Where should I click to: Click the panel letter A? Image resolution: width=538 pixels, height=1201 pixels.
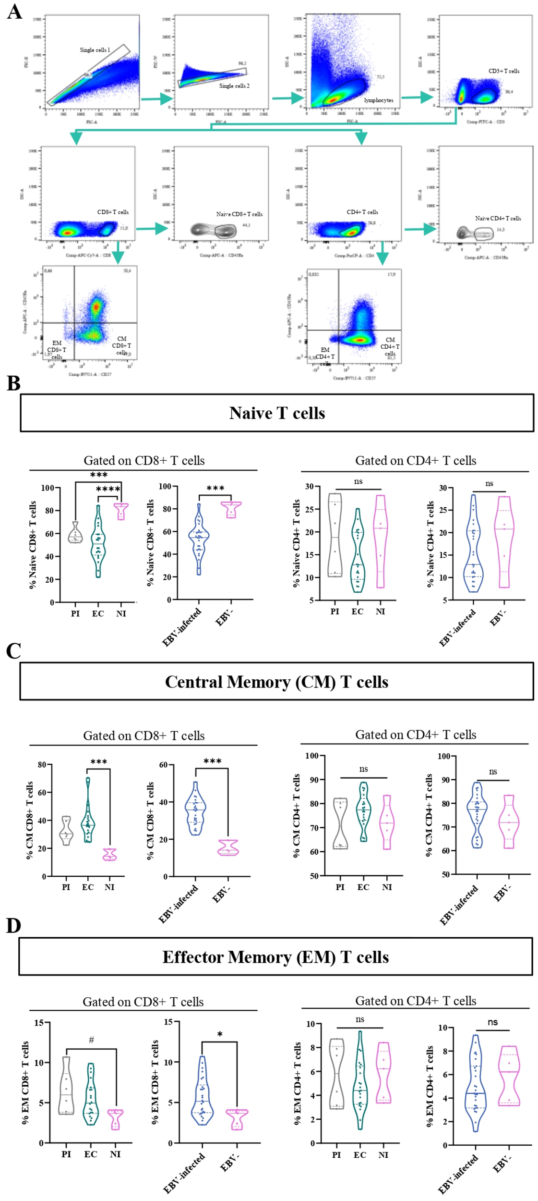pyautogui.click(x=14, y=12)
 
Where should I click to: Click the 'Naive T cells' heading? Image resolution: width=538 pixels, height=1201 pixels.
pyautogui.click(x=277, y=413)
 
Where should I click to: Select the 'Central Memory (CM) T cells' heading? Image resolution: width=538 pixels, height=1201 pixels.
pyautogui.click(x=276, y=682)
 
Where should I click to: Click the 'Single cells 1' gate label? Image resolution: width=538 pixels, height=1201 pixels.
pyautogui.click(x=95, y=50)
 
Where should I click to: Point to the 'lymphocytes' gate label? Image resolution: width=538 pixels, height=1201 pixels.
pyautogui.click(x=378, y=100)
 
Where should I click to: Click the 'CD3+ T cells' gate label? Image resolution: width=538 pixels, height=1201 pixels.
pyautogui.click(x=503, y=71)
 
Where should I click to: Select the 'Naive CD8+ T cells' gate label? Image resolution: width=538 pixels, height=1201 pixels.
pyautogui.click(x=239, y=214)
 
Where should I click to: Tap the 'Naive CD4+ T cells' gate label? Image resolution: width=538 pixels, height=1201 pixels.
pyautogui.click(x=498, y=218)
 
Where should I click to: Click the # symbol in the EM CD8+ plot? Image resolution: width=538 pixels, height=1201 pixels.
pyautogui.click(x=91, y=1041)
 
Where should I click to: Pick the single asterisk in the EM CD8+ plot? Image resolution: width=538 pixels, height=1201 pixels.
pyautogui.click(x=220, y=1034)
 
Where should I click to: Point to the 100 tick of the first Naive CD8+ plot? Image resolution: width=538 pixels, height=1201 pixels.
pyautogui.click(x=47, y=488)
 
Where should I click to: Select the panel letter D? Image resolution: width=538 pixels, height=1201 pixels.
pyautogui.click(x=13, y=925)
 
